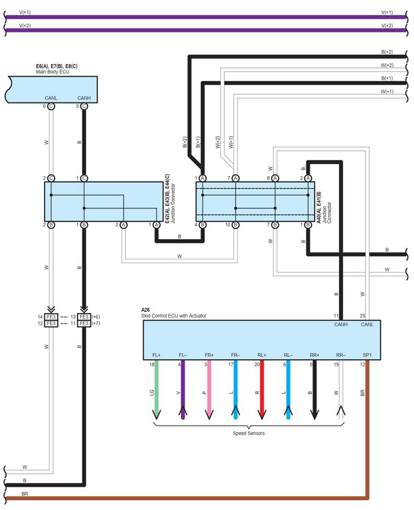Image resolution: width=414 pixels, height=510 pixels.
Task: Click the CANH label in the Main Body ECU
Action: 84,98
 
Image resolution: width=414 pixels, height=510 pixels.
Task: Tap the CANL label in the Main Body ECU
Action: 51,98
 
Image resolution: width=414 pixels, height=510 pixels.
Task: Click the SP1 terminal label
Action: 367,355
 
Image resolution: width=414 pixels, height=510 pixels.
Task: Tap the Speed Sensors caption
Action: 248,433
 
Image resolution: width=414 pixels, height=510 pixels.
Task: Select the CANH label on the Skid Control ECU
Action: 341,325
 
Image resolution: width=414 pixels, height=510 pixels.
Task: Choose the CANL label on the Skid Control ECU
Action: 367,325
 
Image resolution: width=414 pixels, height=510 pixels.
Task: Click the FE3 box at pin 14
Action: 51,317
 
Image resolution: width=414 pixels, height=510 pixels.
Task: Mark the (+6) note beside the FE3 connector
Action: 96,317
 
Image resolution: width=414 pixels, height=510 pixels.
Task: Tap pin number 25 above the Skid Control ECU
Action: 362,316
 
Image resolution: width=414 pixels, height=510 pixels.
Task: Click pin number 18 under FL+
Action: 152,364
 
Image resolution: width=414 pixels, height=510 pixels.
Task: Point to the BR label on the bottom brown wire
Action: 25,494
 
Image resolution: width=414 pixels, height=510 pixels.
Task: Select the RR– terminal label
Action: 341,355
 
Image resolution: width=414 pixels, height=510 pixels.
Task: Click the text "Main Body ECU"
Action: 53,72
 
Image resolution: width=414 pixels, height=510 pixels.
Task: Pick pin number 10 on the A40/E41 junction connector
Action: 228,225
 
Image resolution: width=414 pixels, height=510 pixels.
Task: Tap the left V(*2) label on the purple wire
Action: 25,25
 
